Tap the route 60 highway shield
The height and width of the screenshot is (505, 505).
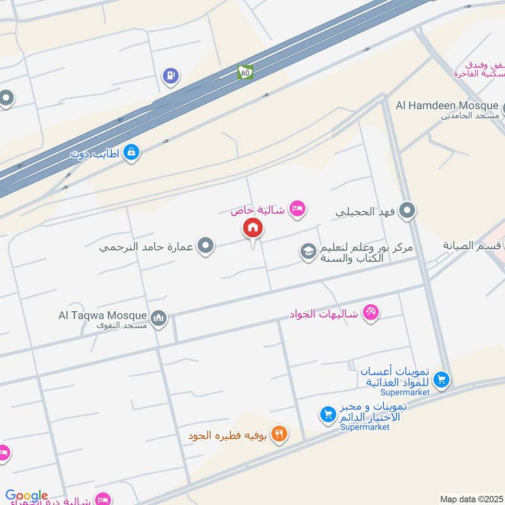pyautogui.click(x=246, y=73)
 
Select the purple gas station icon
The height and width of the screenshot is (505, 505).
pyautogui.click(x=170, y=76)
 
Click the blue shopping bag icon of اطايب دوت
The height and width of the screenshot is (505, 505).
pyautogui.click(x=131, y=152)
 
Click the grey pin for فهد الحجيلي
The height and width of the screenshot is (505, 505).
pyautogui.click(x=408, y=210)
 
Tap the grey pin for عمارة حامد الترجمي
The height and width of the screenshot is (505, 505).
pyautogui.click(x=205, y=246)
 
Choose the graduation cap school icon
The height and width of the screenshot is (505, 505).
pyautogui.click(x=307, y=252)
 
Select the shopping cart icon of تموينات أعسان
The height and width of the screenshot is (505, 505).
pyautogui.click(x=442, y=379)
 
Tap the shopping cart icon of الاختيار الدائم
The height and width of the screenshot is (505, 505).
pyautogui.click(x=327, y=415)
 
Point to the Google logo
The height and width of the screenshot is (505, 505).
pyautogui.click(x=27, y=496)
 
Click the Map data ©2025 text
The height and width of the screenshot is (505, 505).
pyautogui.click(x=472, y=499)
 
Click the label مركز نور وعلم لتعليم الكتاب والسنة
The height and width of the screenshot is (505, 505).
pyautogui.click(x=366, y=253)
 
